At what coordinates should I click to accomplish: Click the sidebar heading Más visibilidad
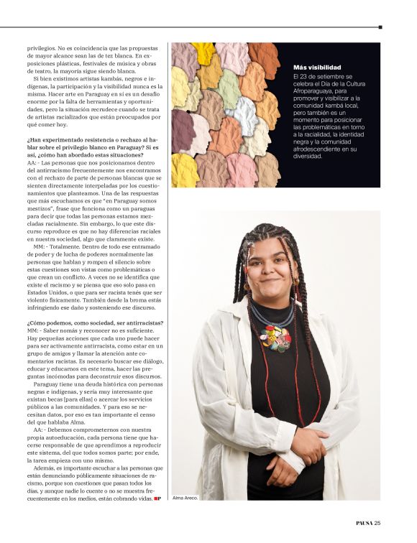coord(317,66)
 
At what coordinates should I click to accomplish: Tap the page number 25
coord(377,522)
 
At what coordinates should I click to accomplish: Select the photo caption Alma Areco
coord(185,498)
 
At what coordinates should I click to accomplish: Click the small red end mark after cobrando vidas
coord(157,498)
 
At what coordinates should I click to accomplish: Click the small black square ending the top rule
coord(380,27)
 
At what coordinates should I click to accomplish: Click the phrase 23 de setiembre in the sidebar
coord(321,75)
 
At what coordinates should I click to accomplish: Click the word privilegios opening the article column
coord(41,47)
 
